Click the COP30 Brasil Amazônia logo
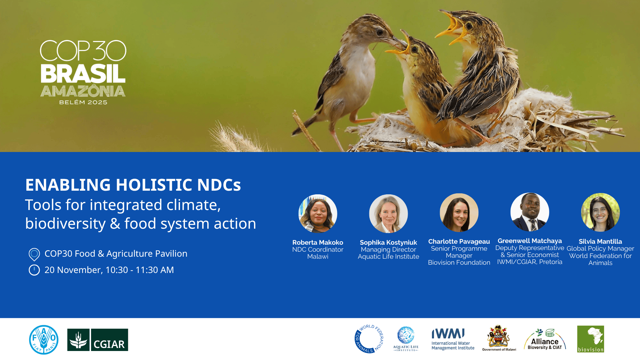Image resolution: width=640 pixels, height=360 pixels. click(x=83, y=72)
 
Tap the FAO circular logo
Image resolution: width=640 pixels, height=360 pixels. click(x=44, y=340)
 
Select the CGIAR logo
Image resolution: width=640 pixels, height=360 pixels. click(x=98, y=340)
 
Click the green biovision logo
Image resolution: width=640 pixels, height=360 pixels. click(x=591, y=339)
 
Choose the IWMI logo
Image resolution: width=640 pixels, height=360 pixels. click(x=453, y=339)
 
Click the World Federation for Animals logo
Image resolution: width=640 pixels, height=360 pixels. click(x=369, y=339)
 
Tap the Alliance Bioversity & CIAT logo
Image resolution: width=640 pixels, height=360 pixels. click(x=545, y=339)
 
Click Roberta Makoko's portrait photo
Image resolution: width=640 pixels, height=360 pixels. click(x=318, y=214)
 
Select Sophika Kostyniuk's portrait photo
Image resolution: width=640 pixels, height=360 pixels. click(x=388, y=214)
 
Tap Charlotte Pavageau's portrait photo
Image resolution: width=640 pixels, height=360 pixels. click(x=459, y=213)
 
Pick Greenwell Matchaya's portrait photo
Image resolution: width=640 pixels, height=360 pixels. click(x=530, y=212)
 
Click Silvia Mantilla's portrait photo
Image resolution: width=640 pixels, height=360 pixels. click(x=600, y=212)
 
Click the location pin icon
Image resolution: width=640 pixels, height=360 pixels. click(x=34, y=254)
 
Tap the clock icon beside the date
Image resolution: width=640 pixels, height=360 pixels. click(x=34, y=270)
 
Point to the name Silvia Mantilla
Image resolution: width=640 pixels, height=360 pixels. click(x=600, y=241)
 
